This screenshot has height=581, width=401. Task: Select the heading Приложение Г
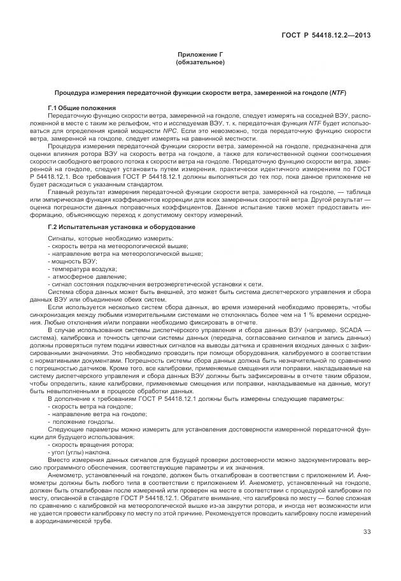(x=199, y=55)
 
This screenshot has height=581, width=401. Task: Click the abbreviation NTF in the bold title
(x=337, y=92)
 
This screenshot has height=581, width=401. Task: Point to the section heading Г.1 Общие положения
(x=82, y=108)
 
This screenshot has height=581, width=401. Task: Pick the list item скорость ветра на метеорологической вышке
(x=118, y=246)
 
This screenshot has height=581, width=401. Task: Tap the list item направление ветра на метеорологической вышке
(x=125, y=253)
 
